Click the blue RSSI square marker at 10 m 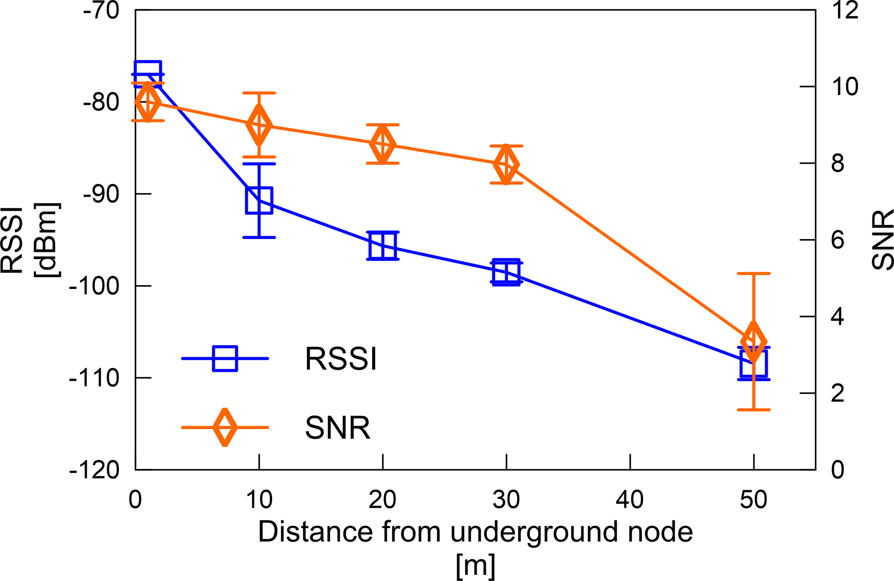pyautogui.click(x=259, y=201)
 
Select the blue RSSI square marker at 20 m pyautogui.click(x=383, y=245)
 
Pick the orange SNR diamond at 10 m pyautogui.click(x=259, y=125)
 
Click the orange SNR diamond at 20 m pyautogui.click(x=383, y=144)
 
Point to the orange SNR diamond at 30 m pyautogui.click(x=506, y=165)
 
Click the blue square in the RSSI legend pyautogui.click(x=225, y=359)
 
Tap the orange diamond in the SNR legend pyautogui.click(x=225, y=427)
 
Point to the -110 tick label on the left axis pyautogui.click(x=94, y=378)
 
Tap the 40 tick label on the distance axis pyautogui.click(x=630, y=500)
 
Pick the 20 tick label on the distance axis pyautogui.click(x=383, y=500)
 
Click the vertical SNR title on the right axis pyautogui.click(x=882, y=240)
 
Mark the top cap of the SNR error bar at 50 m pyautogui.click(x=753, y=273)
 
